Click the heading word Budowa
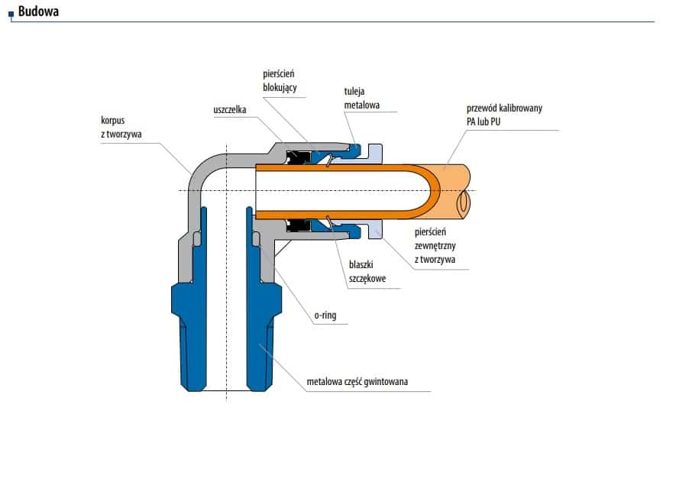click(38, 11)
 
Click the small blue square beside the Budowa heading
click(11, 15)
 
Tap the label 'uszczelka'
click(230, 110)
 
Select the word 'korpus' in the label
click(112, 121)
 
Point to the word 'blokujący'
click(280, 88)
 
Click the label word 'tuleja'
click(354, 92)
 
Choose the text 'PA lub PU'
click(484, 122)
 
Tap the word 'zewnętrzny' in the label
click(435, 246)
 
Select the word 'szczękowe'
click(367, 279)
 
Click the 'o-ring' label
click(325, 316)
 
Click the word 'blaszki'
click(361, 264)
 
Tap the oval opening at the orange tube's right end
click(464, 203)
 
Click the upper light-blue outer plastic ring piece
click(375, 154)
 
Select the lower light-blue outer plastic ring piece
click(375, 229)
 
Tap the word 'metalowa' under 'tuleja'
click(362, 105)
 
